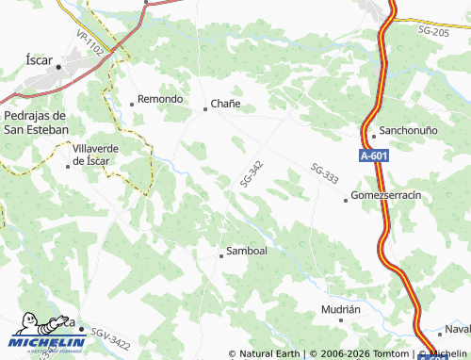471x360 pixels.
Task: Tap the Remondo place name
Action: click(x=160, y=98)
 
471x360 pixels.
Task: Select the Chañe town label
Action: click(x=226, y=103)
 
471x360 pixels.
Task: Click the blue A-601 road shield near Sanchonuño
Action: click(x=374, y=157)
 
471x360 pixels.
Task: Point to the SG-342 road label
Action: click(x=251, y=172)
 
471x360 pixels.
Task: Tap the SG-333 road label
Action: click(x=323, y=172)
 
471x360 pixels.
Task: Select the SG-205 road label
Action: click(x=432, y=31)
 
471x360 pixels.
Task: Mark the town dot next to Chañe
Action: click(x=205, y=109)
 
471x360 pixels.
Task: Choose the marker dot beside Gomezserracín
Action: click(x=345, y=199)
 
